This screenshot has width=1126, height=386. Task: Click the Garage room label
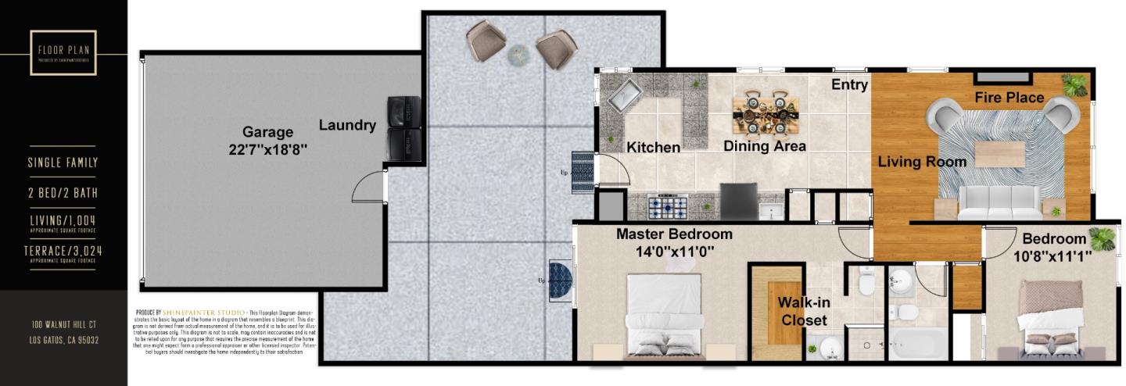coord(267,132)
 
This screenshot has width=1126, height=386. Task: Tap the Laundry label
coord(347,125)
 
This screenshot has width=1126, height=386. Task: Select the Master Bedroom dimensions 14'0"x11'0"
coord(674,252)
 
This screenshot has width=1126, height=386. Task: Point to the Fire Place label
coord(1009,98)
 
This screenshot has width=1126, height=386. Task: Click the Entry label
coord(849,84)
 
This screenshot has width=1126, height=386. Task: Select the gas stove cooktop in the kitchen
coord(669,207)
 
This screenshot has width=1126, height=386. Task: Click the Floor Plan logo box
coord(63,52)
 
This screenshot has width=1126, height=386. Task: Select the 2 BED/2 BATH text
coord(63,192)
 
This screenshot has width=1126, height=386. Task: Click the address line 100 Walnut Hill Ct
coord(63,324)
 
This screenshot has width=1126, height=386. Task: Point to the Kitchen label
coord(653,147)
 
